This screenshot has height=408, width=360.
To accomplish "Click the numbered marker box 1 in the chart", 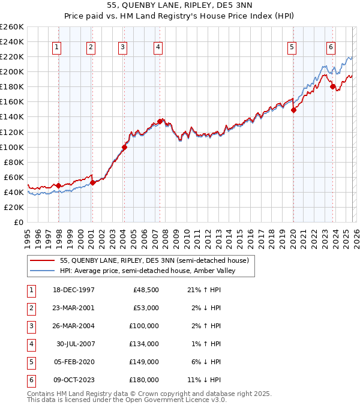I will pos(56,47).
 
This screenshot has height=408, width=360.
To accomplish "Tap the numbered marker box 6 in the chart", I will pos(331,47).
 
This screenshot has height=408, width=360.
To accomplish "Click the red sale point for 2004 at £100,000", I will pos(125,146).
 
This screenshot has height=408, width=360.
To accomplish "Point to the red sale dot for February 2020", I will pos(294,110).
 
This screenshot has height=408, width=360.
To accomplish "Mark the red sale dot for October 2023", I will pos(333,86).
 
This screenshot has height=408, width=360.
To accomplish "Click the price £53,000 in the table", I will pos(146,308).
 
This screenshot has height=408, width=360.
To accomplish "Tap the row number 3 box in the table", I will pos(30,326).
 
